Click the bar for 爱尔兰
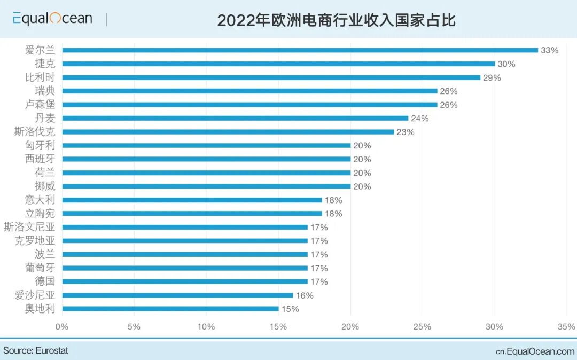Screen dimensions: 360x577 point(300,50)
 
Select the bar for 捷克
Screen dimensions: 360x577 point(278,64)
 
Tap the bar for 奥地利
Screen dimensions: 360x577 point(170,309)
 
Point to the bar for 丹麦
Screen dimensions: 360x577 point(235,118)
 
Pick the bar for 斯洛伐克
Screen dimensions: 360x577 point(228,132)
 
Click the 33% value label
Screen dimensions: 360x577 point(549,50)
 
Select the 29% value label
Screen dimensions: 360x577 point(492,77)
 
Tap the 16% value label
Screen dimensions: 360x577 point(305,295)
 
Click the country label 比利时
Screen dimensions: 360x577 point(40,77)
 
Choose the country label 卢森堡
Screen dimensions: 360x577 point(40,105)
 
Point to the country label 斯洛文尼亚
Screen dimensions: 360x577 point(29,227)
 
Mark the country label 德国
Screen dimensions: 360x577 point(45,281)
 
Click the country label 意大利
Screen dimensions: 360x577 point(40,200)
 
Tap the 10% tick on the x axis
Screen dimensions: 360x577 point(206,326)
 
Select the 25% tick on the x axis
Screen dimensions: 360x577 point(422,326)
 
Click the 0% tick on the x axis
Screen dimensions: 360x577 point(62,326)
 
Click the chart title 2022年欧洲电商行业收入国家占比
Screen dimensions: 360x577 point(336,20)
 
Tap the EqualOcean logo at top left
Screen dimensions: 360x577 point(52,19)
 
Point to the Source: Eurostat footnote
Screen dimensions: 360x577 point(36,351)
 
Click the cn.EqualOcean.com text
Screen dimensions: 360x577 point(535,351)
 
